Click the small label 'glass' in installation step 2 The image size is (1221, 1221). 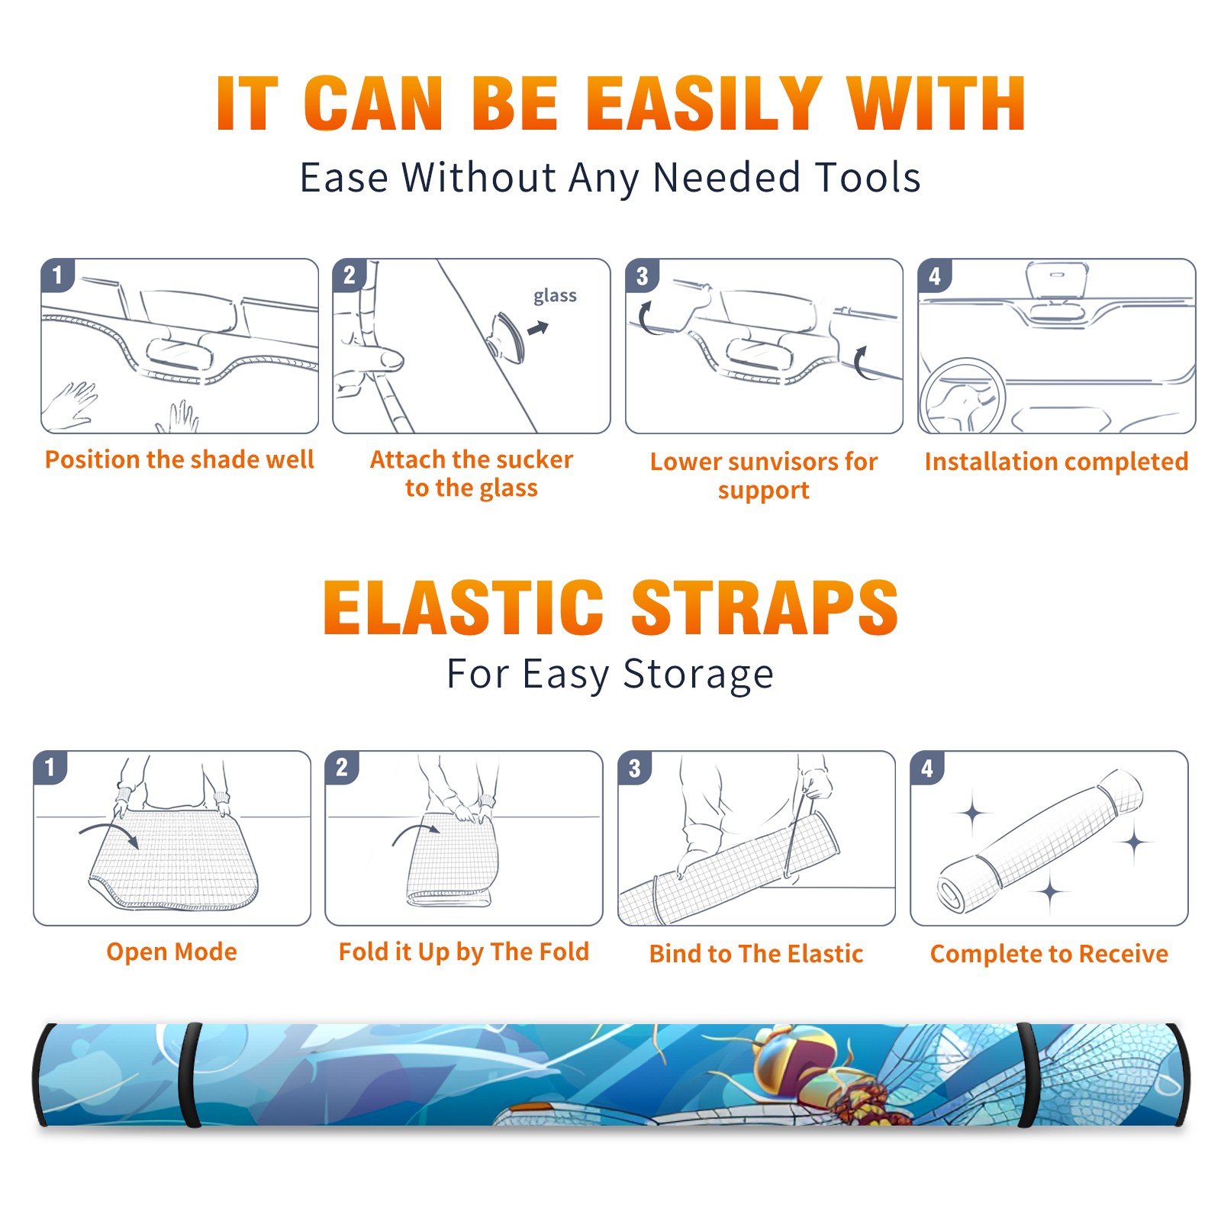555,296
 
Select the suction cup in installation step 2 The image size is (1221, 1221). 506,337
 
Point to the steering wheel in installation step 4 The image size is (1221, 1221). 962,396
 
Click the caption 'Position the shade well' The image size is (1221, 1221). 179,459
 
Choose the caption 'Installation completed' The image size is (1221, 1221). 1056,462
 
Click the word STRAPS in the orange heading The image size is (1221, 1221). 765,607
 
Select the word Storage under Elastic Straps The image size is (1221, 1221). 698,675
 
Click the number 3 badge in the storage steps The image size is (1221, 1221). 635,768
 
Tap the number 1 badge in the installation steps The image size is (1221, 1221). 58,275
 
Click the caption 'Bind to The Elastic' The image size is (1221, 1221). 756,954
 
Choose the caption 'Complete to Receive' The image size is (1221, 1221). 1049,954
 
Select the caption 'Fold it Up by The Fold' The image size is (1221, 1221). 464,952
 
